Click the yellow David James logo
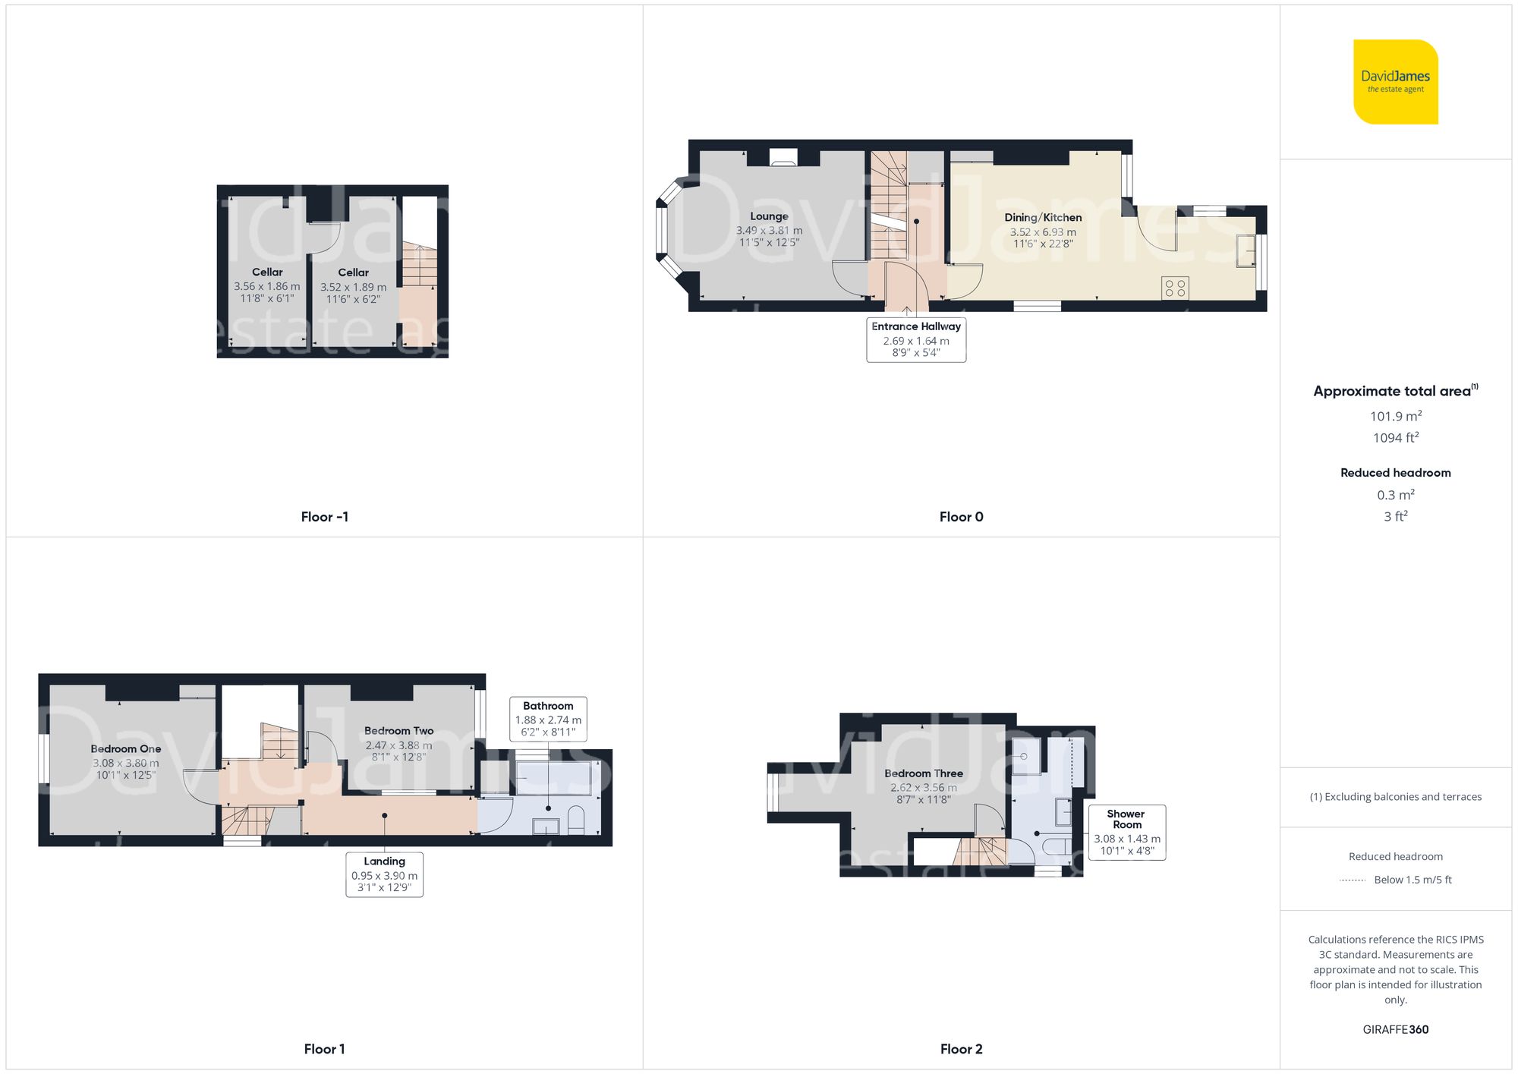click(x=1395, y=82)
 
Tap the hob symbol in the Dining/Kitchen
click(x=1175, y=288)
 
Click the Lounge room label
click(x=769, y=216)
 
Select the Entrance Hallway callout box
click(x=916, y=339)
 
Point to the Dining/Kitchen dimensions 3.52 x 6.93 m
click(x=1042, y=232)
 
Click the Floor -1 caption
click(x=324, y=517)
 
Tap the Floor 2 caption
click(x=961, y=1049)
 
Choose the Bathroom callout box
click(x=548, y=719)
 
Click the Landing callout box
click(x=384, y=874)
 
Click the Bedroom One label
click(x=126, y=749)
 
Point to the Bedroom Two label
click(x=398, y=731)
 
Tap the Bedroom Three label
click(x=923, y=773)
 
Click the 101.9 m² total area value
click(x=1395, y=416)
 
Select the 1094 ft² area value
click(x=1395, y=438)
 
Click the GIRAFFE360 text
click(x=1395, y=1030)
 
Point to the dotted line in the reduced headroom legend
click(x=1353, y=880)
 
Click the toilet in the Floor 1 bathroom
click(x=576, y=820)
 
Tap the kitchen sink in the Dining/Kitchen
click(x=1245, y=251)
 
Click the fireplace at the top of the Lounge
click(x=783, y=157)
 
